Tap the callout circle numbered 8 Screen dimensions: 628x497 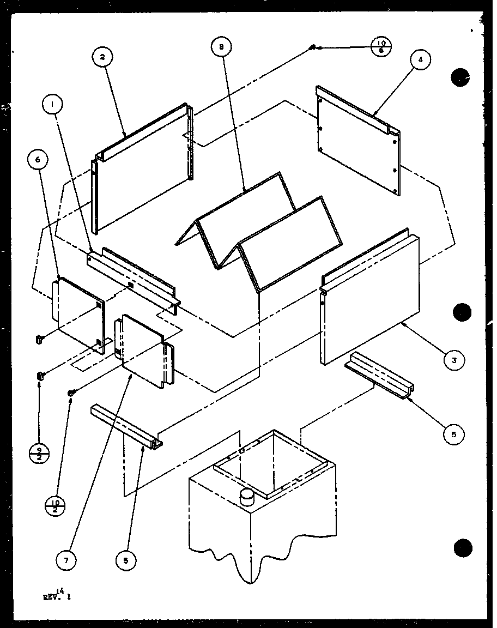pos(220,47)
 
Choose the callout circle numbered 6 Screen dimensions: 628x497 pos(37,159)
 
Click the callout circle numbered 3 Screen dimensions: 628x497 pos(453,359)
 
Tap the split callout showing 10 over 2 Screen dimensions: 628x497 pos(56,504)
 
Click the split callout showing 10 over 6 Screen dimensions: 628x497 pos(383,46)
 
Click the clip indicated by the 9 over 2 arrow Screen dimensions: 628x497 pos(40,376)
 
